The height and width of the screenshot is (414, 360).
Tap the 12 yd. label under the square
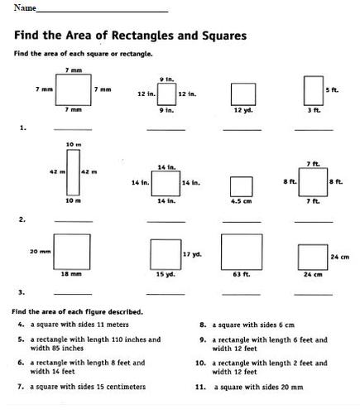point(242,110)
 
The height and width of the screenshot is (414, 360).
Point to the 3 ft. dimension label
point(312,110)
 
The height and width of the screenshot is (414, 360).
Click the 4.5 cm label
point(241,200)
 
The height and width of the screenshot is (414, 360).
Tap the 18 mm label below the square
point(71,273)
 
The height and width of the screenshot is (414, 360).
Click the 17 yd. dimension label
point(192,253)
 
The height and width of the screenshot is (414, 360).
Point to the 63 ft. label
point(241,273)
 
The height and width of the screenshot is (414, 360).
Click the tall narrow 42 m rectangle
point(73,171)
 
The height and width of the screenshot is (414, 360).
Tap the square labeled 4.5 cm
point(241,185)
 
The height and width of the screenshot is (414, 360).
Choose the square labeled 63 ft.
point(241,250)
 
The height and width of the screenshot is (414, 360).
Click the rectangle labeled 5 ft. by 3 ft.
point(313,89)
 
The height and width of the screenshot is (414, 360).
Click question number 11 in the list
point(200,387)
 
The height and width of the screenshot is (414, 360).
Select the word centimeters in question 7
point(122,387)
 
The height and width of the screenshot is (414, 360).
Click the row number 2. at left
point(22,219)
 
